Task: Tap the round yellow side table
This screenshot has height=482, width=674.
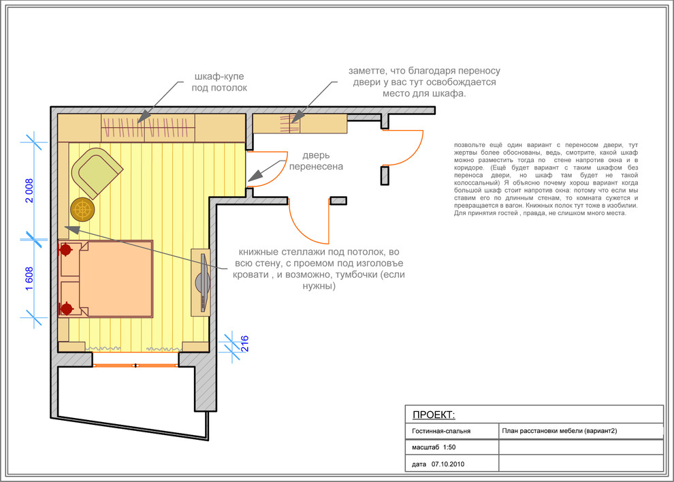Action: point(82,210)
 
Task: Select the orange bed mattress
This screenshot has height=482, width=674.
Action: point(116,278)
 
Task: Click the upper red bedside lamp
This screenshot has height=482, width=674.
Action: point(65,249)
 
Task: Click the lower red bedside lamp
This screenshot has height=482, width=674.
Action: point(66,308)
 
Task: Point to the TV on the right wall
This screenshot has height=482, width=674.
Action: point(202,282)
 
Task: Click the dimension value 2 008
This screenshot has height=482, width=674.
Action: point(29,191)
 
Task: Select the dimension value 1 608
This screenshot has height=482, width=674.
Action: point(29,278)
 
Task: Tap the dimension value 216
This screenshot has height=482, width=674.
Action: point(244,344)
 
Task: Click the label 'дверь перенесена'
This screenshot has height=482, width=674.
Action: point(316,161)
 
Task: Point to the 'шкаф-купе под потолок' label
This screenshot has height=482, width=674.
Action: point(219,82)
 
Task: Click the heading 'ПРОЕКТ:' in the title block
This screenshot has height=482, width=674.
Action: point(433,415)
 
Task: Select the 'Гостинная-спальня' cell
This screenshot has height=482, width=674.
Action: point(441,431)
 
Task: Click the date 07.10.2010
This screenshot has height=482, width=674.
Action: point(448,464)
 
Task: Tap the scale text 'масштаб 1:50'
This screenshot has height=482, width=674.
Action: point(433,447)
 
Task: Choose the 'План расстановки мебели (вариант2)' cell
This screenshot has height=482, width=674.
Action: point(559,431)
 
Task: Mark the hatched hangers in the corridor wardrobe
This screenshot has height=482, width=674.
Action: point(289,124)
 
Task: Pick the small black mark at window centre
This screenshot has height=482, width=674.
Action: point(135,366)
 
